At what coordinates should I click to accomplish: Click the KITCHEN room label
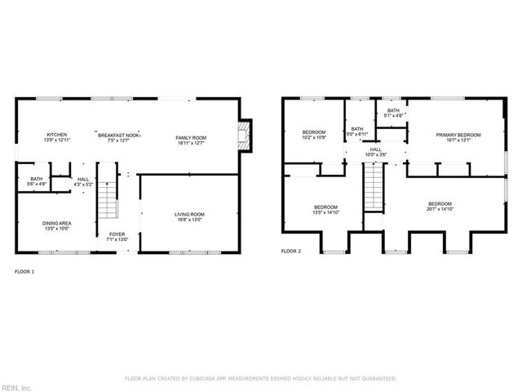tap(56, 135)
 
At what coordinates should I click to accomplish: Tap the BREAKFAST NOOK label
tap(119, 135)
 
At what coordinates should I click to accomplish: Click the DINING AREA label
tap(56, 222)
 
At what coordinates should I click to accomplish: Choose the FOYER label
tap(117, 234)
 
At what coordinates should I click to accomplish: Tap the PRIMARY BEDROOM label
tap(458, 135)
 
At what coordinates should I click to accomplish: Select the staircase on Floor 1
tap(108, 196)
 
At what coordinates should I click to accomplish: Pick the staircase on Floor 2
tap(373, 186)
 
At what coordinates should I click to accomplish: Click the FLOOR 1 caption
tap(24, 270)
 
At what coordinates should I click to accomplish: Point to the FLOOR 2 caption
tap(290, 252)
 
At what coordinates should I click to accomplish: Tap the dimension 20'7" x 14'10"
tap(440, 209)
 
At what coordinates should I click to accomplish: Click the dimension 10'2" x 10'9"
tap(314, 137)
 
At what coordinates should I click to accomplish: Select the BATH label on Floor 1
tap(37, 179)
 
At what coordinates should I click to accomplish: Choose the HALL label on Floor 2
tap(375, 149)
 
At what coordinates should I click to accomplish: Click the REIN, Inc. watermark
tap(15, 387)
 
